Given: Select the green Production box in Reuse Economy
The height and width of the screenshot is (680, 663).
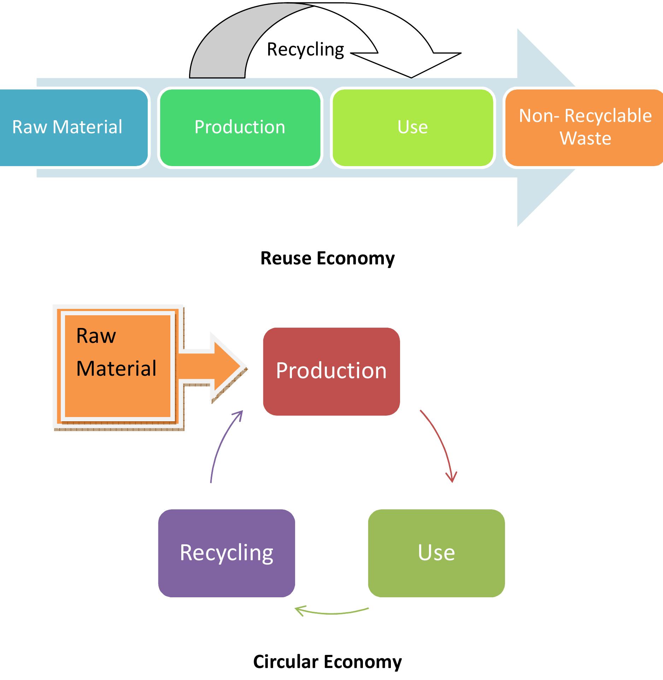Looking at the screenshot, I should point(240,128).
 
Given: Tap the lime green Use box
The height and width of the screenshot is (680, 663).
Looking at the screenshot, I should point(412,128).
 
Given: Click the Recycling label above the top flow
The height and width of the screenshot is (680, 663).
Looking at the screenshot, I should point(305,49).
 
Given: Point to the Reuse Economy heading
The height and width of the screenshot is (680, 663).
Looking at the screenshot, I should point(327,258).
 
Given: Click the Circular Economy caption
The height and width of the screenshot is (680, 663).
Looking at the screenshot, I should point(327,662).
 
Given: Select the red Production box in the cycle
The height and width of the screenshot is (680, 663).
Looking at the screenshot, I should point(331,371).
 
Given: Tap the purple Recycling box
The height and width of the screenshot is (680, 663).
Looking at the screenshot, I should point(227,553).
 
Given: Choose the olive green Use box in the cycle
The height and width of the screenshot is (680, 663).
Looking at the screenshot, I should point(436,553).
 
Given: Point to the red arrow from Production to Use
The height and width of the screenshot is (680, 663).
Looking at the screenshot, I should point(440,445).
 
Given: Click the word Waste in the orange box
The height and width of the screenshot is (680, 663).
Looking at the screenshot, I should point(585,139).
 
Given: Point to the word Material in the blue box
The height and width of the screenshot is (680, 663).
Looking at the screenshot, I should point(87,127).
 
